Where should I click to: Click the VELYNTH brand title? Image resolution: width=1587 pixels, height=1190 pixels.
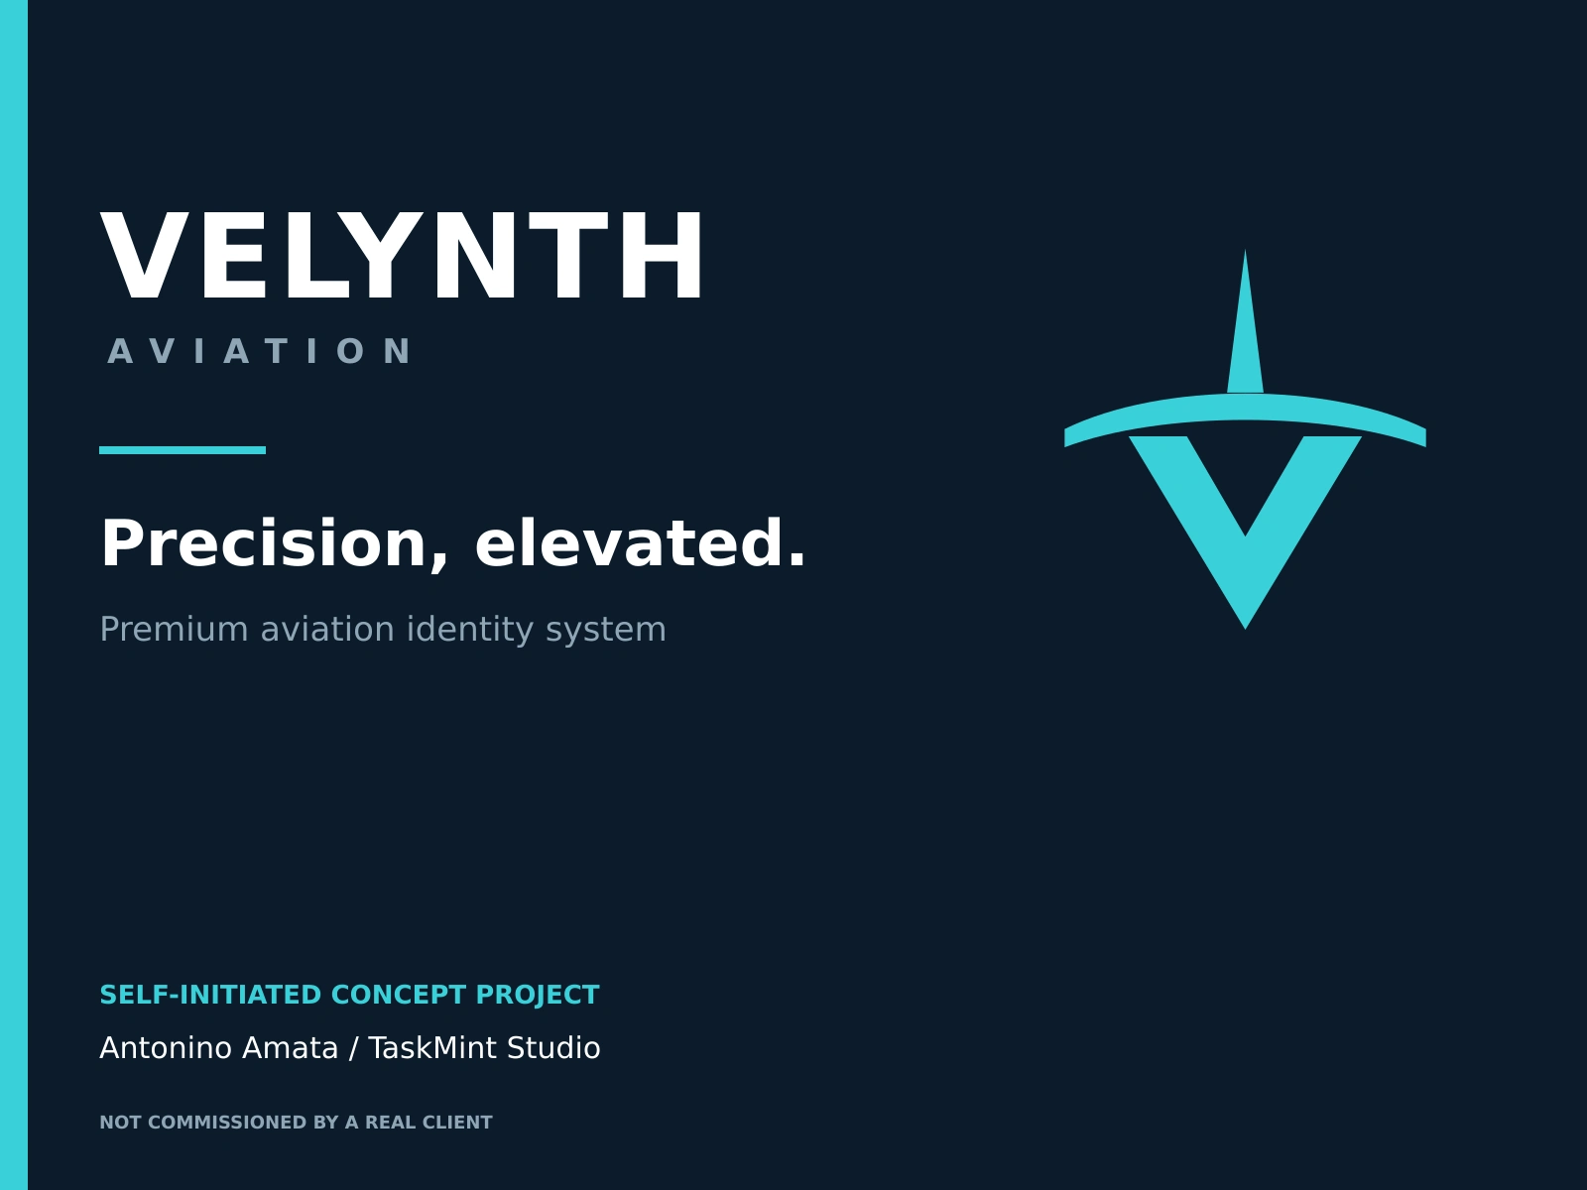(402, 255)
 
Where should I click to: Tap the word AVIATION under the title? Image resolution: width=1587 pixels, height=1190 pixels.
(260, 351)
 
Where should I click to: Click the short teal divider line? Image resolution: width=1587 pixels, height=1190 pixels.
(183, 450)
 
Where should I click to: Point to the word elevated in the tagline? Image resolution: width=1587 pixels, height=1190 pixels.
(640, 543)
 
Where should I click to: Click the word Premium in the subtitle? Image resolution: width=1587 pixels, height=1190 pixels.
(174, 629)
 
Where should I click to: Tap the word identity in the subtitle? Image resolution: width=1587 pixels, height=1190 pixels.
(470, 630)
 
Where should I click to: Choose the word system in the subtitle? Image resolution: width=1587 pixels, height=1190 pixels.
(606, 631)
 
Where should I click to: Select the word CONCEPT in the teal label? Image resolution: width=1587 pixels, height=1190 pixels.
(399, 995)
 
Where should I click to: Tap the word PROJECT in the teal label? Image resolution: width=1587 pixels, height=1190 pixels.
(538, 996)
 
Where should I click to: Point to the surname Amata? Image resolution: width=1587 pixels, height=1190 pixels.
(290, 1047)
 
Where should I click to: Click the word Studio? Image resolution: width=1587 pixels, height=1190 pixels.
(553, 1047)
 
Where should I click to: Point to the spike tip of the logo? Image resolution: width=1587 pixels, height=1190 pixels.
(1245, 251)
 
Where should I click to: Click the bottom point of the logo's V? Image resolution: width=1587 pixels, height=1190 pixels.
(1245, 629)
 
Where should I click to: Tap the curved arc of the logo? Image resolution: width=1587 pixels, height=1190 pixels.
(1245, 407)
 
